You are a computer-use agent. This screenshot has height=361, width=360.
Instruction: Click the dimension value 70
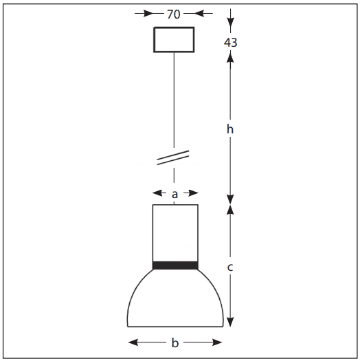pyautogui.click(x=173, y=14)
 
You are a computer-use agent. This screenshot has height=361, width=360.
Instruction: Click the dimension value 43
pyautogui.click(x=230, y=43)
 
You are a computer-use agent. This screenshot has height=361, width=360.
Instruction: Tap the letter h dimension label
pyautogui.click(x=230, y=129)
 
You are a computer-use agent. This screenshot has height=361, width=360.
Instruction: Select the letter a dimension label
pyautogui.click(x=175, y=195)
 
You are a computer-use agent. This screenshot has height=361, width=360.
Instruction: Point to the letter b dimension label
pyautogui.click(x=175, y=343)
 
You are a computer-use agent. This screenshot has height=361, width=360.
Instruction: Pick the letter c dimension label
pyautogui.click(x=230, y=267)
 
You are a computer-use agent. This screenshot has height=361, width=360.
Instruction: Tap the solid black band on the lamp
pyautogui.click(x=175, y=265)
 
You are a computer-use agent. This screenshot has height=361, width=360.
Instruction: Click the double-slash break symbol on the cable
pyautogui.click(x=173, y=157)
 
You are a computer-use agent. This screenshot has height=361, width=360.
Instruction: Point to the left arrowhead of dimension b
pyautogui.click(x=133, y=342)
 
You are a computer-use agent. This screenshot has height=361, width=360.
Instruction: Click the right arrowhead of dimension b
pyautogui.click(x=217, y=342)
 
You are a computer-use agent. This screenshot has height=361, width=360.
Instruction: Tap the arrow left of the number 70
pyautogui.click(x=144, y=13)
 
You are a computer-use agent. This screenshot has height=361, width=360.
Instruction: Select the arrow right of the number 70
pyautogui.click(x=203, y=13)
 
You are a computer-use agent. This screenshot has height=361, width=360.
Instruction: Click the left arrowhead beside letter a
pyautogui.click(x=157, y=193)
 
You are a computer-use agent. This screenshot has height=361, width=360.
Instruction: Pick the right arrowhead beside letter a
pyautogui.click(x=193, y=193)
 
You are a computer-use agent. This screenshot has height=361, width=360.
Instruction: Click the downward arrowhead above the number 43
pyautogui.click(x=230, y=23)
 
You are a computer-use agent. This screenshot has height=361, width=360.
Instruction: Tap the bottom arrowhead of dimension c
pyautogui.click(x=230, y=322)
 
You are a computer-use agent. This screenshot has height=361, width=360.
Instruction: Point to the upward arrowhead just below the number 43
pyautogui.click(x=230, y=57)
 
